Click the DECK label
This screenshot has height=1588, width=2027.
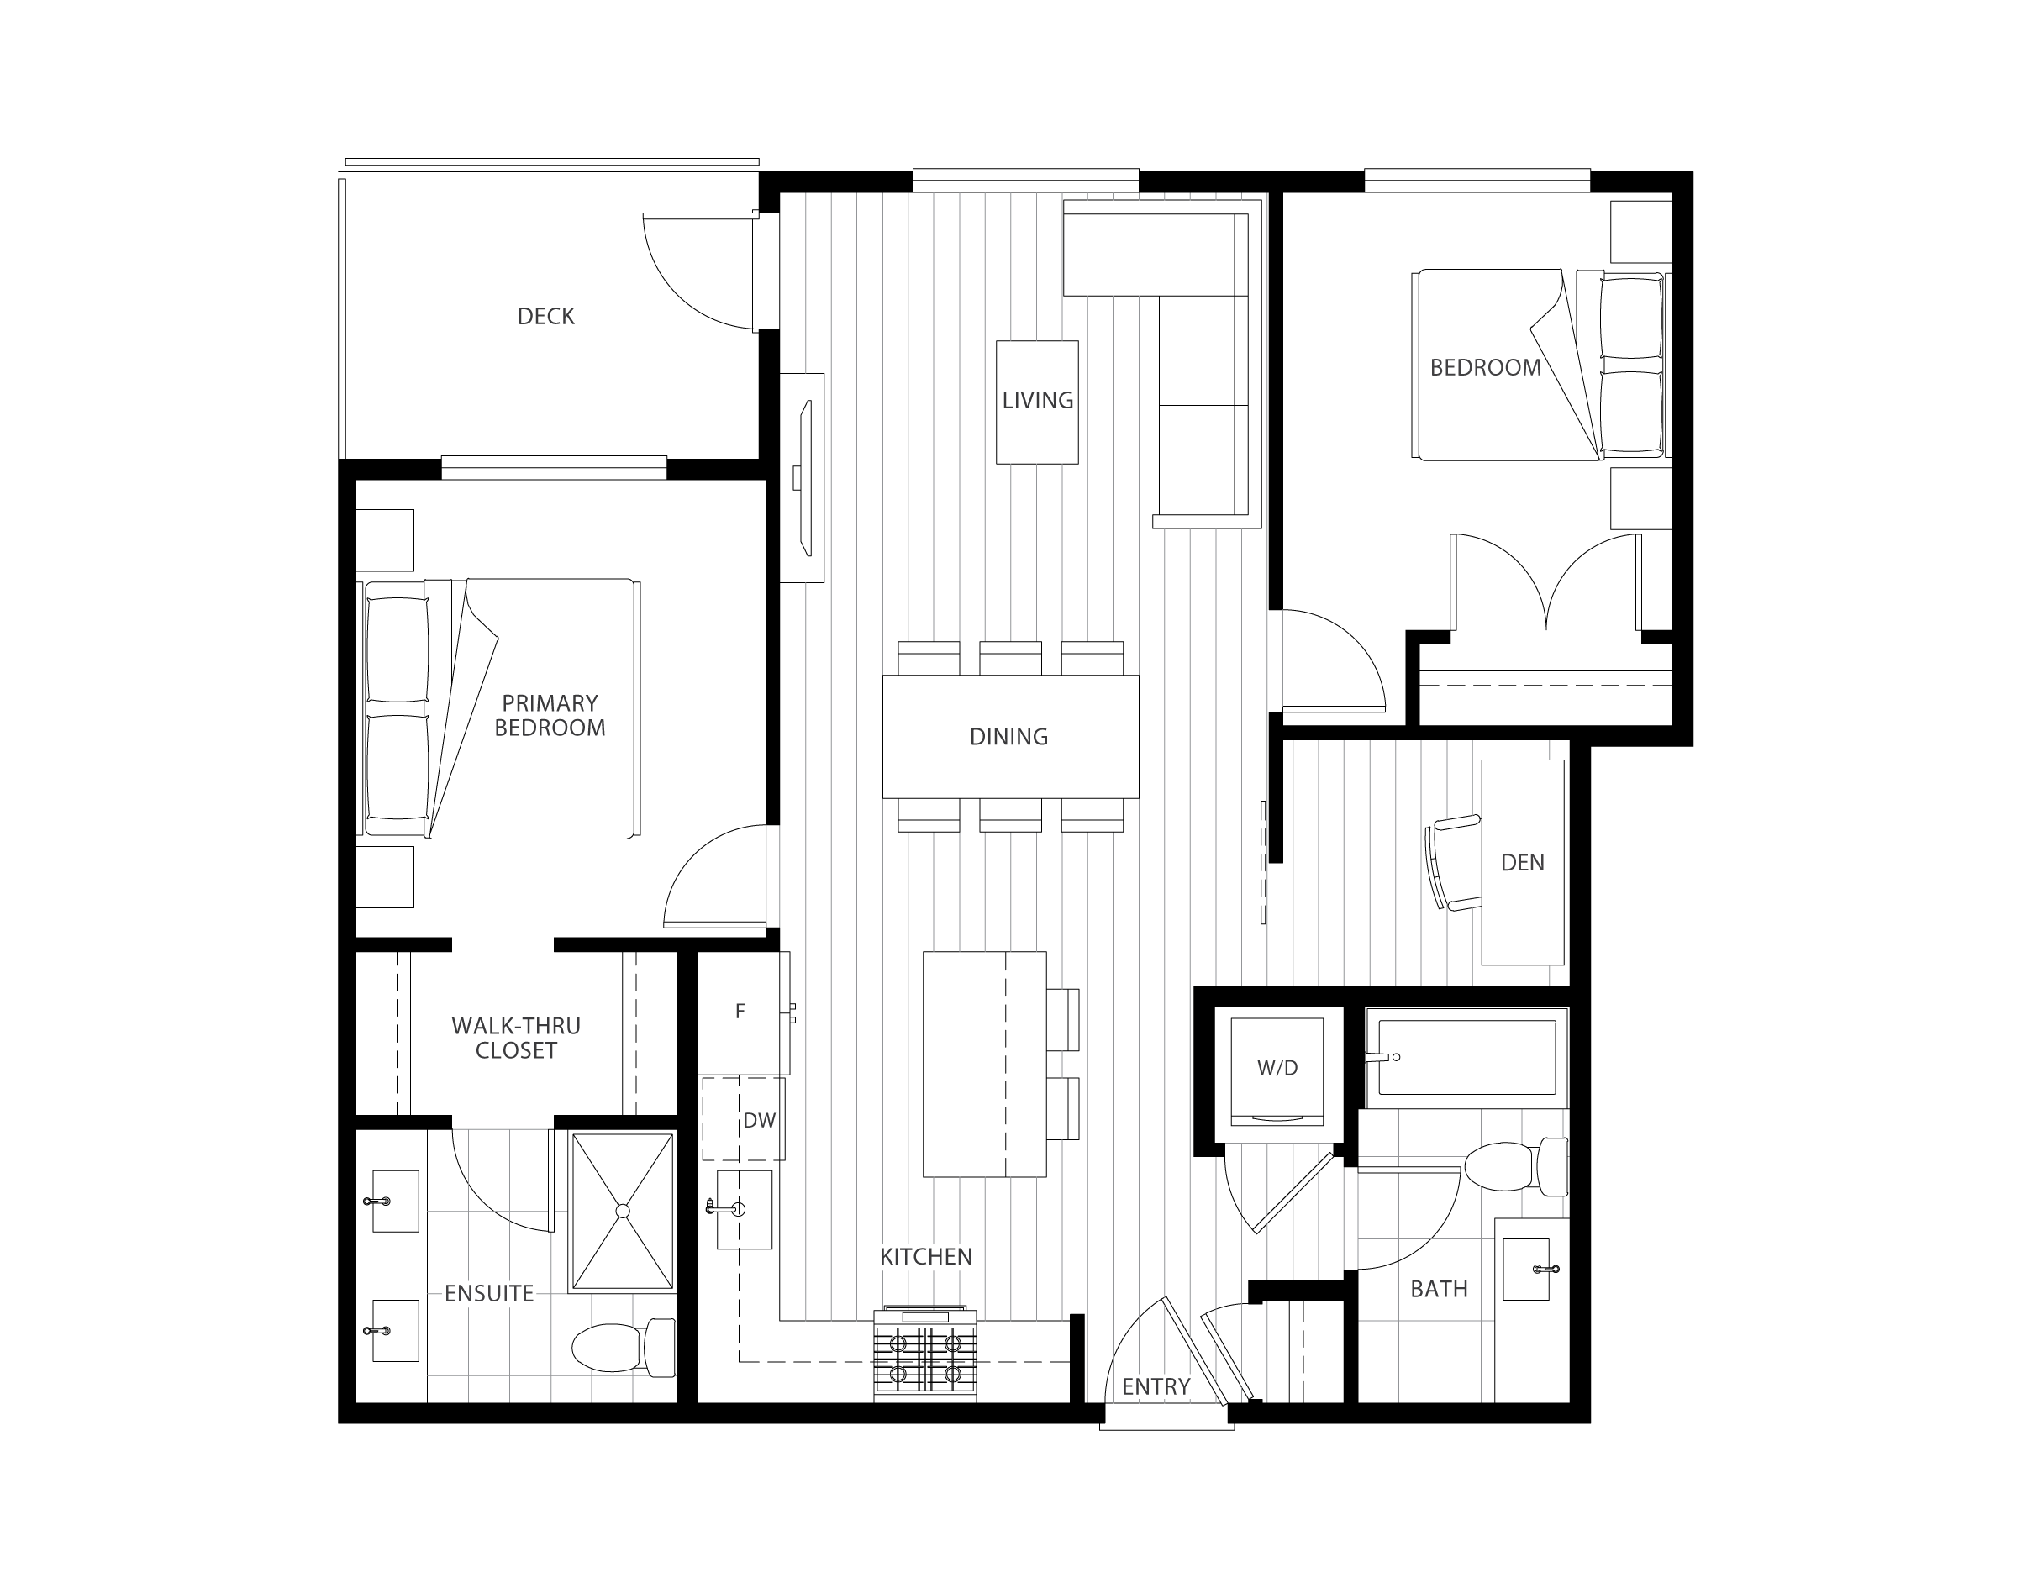pos(545,316)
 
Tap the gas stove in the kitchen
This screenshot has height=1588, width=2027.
pos(925,1354)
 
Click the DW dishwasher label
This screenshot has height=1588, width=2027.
pos(760,1120)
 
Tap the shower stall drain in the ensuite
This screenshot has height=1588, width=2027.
pos(622,1211)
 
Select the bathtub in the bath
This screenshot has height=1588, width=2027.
pos(1466,1057)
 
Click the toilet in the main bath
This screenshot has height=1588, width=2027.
pos(1515,1166)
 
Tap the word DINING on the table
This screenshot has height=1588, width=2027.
pos(1008,736)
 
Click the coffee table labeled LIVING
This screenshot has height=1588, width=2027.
pos(1037,402)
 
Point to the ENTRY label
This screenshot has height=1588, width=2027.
pos(1156,1386)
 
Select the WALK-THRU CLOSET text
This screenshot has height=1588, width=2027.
pos(516,1038)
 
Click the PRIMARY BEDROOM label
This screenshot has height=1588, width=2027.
pos(550,715)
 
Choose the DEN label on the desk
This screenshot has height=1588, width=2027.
pos(1522,863)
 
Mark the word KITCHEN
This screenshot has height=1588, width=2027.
pos(926,1256)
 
